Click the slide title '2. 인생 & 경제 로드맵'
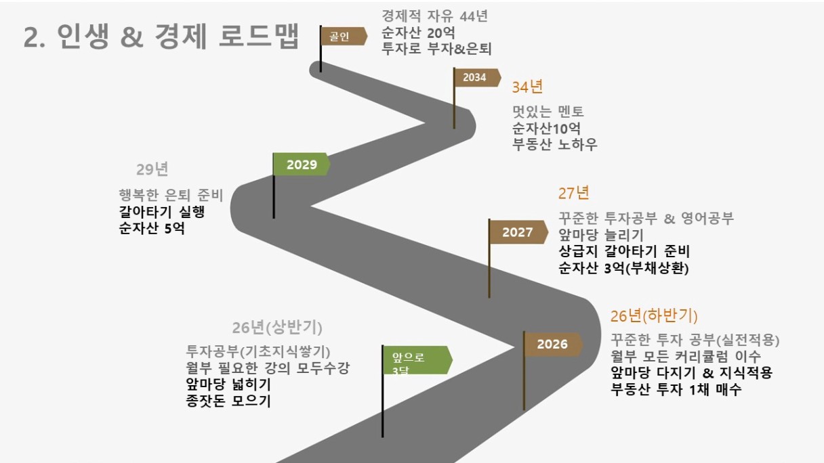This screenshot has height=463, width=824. pos(161,37)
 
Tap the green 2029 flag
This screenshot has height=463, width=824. pos(302,164)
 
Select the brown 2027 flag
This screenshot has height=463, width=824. pos(518,232)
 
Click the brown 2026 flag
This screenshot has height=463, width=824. pos(553,345)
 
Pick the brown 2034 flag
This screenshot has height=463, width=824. pos(477,78)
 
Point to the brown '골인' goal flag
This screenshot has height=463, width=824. pos(344,36)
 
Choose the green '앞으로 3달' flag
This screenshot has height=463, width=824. pos(417,360)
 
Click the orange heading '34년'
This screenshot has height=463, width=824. pos(527,87)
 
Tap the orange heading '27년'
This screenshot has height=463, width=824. pos(573,193)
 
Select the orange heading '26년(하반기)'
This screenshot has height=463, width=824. pos(654,315)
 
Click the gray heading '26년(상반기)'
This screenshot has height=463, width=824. pos(277,328)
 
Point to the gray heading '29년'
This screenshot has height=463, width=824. pos(152,169)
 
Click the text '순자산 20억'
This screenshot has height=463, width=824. pos(418,32)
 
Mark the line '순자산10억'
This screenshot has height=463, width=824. pos(547,128)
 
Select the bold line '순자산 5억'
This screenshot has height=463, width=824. pos(152,228)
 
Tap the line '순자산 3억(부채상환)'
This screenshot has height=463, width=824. pos(623,268)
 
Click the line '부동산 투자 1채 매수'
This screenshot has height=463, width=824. pos(676,389)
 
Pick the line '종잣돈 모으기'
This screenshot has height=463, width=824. pos(228,401)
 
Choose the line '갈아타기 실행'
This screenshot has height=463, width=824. pos(161,212)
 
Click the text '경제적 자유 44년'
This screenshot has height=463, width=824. pos(435,16)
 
